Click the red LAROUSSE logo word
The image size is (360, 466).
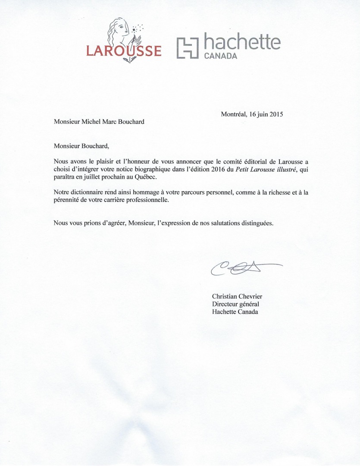click(124, 51)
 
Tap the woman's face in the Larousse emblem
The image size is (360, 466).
click(122, 29)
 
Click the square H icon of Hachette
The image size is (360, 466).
click(188, 47)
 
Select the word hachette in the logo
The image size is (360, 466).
click(241, 42)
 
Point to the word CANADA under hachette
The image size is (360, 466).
click(220, 56)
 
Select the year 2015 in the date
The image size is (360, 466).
click(275, 114)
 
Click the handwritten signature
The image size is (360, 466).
click(241, 268)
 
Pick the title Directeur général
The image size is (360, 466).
click(235, 304)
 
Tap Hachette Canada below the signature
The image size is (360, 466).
click(235, 312)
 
